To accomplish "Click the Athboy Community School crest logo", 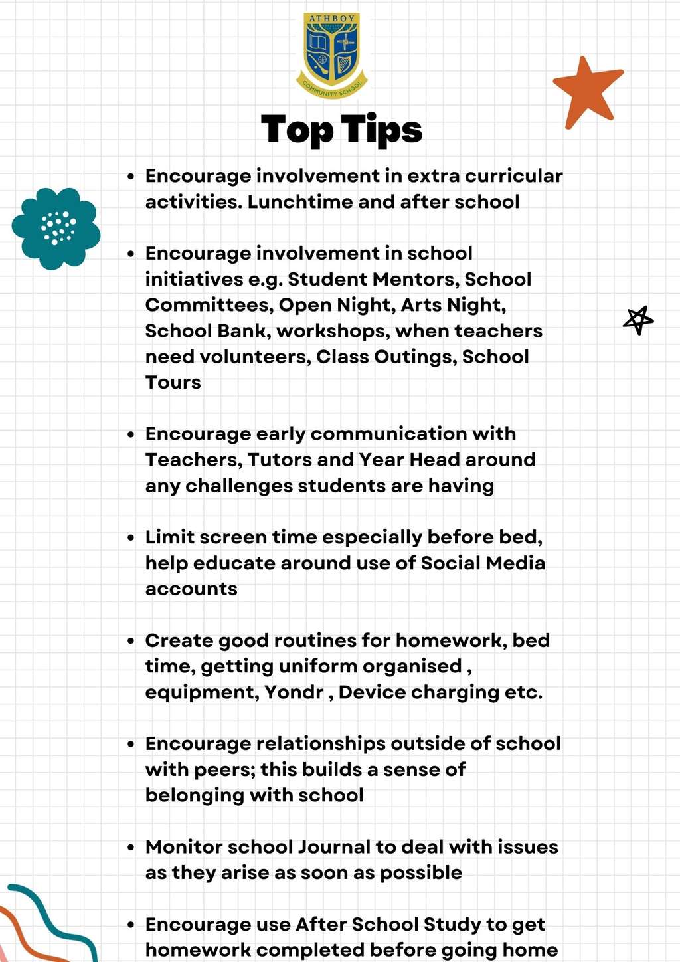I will [332, 55].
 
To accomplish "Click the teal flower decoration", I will [56, 228].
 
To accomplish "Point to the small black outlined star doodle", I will [638, 320].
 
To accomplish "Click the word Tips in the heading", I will [382, 130].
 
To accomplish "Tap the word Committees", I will [208, 305].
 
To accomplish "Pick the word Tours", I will [173, 383].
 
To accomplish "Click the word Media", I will [515, 563].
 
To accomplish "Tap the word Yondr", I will [294, 692].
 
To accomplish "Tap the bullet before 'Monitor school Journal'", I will [131, 848].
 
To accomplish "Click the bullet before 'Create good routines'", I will [131, 641].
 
